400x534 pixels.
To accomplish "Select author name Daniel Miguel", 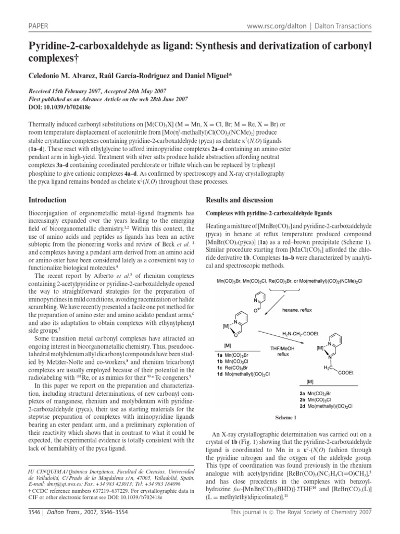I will (x=195, y=77).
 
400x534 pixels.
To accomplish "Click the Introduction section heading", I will (x=47, y=200).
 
